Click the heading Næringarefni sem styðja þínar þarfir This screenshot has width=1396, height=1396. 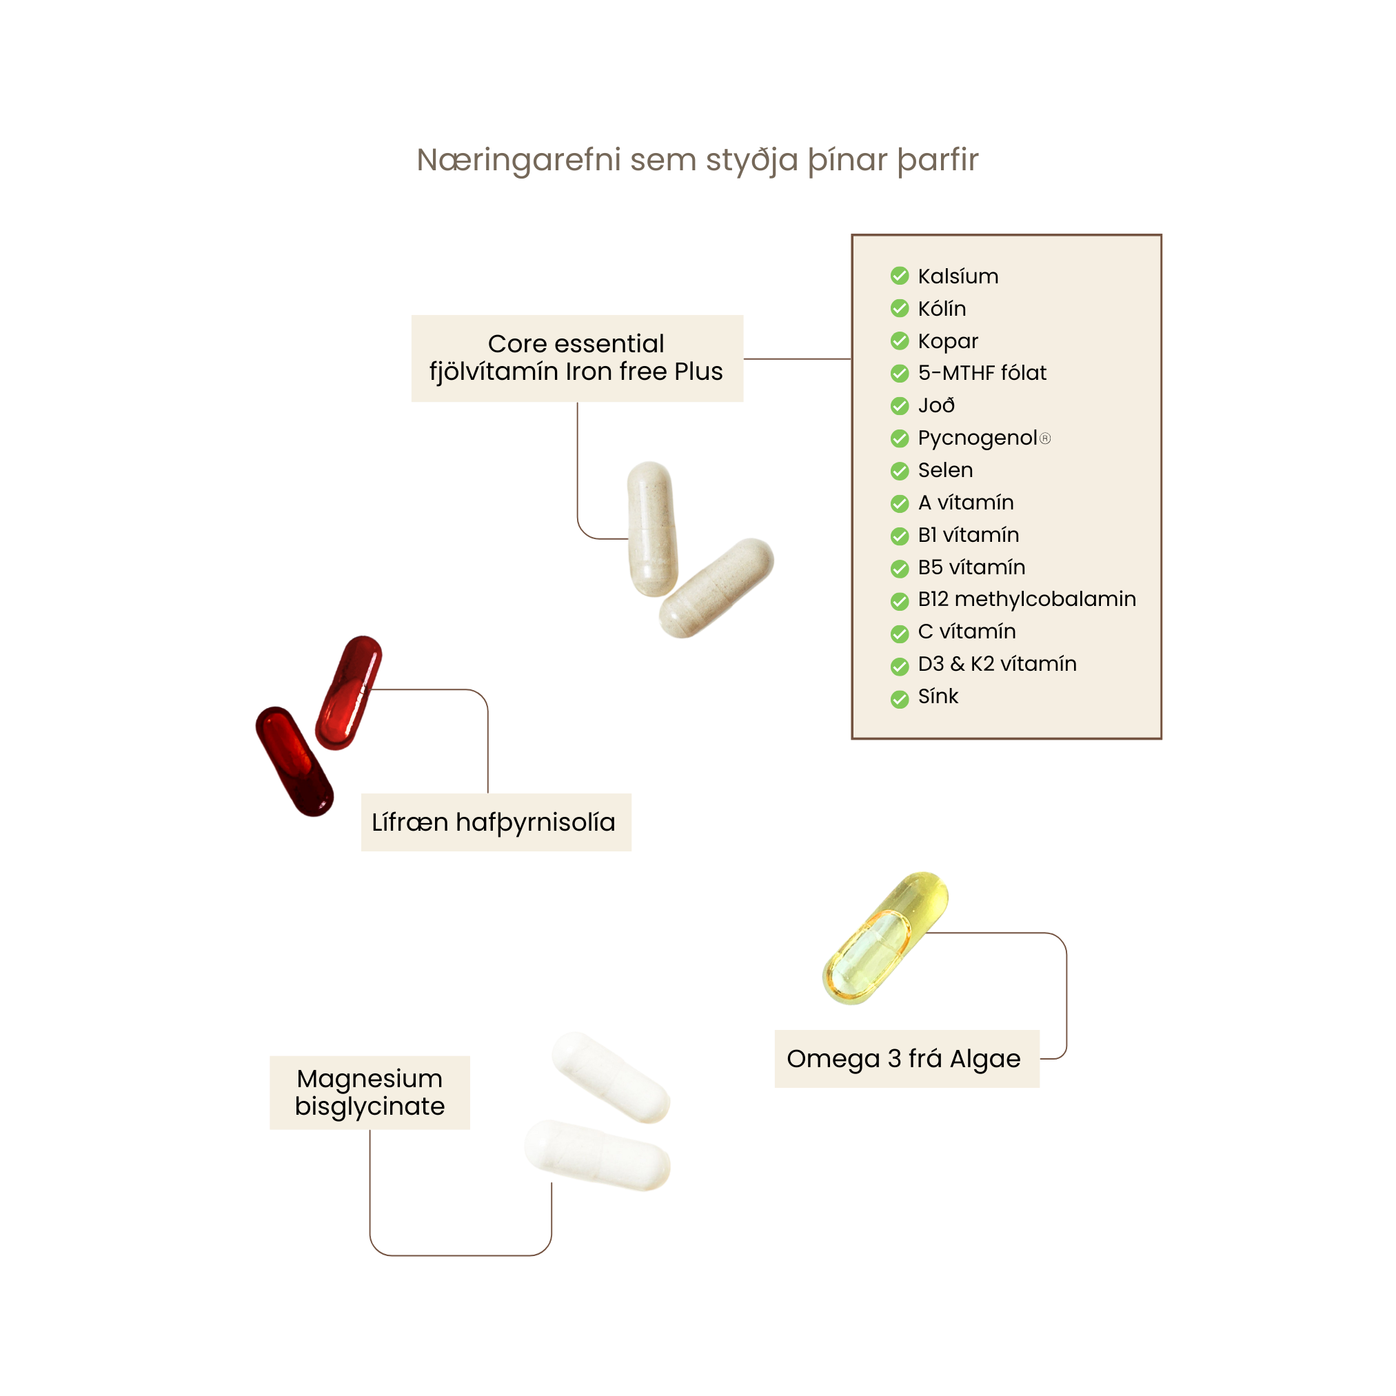click(697, 160)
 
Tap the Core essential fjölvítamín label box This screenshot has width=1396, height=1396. click(576, 358)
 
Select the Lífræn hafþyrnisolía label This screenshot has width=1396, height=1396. click(496, 822)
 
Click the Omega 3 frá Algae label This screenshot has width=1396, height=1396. click(906, 1059)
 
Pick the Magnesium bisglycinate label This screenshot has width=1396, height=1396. click(370, 1092)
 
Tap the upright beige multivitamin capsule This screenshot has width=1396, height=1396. click(651, 529)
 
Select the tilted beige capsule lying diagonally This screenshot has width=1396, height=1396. click(716, 587)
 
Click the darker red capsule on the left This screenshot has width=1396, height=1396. click(295, 761)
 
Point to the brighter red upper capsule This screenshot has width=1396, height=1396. click(349, 692)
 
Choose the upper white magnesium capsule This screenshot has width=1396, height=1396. click(611, 1077)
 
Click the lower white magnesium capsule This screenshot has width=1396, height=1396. click(597, 1155)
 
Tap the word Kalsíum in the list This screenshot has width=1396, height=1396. click(958, 276)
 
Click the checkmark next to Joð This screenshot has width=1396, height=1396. click(900, 406)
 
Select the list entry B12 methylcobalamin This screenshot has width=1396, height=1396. click(1026, 599)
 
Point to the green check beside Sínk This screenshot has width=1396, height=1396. click(900, 699)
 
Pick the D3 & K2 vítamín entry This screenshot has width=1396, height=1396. click(997, 663)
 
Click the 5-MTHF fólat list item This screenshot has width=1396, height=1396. click(982, 373)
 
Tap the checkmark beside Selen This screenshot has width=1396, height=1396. click(900, 471)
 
